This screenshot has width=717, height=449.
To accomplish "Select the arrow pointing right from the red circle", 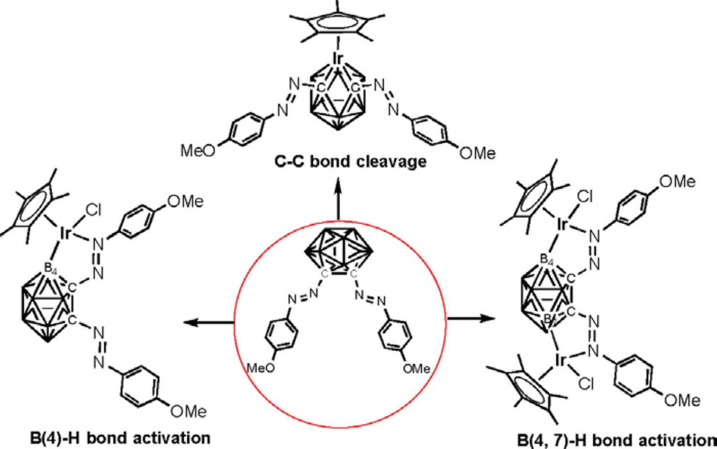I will coord(471,319).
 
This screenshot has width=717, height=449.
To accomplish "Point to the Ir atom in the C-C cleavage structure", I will coord(338,59).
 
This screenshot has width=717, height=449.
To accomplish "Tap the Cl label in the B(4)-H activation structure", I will coord(93,209).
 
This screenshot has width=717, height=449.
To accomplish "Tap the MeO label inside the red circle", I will coord(261,368).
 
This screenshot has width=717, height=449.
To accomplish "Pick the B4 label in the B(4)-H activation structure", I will coord(50,268).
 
